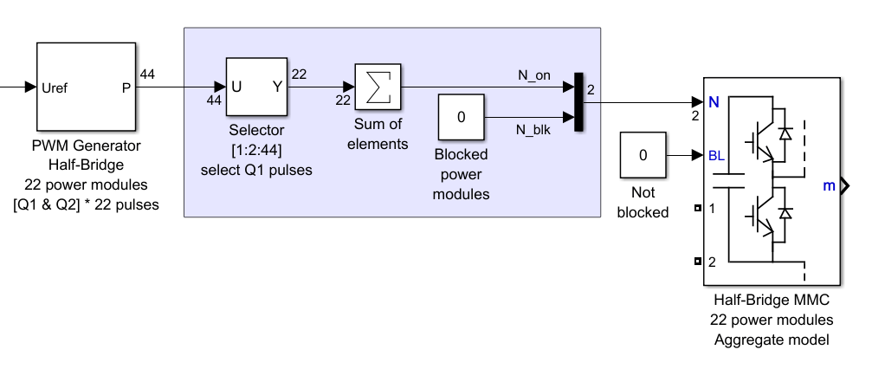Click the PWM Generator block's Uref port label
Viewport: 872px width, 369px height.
click(54, 87)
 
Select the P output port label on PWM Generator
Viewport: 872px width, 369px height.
click(126, 87)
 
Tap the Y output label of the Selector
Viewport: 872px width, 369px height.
click(277, 87)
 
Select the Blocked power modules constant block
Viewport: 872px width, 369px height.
click(461, 117)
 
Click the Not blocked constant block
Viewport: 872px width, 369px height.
click(643, 156)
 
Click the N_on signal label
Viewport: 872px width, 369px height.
click(534, 75)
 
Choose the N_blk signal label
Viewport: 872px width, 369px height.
click(534, 129)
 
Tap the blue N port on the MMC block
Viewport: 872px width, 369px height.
click(714, 101)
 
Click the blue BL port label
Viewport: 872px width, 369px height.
click(716, 157)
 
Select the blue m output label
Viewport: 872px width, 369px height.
click(829, 184)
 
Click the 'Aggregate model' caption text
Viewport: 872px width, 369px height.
click(772, 340)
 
